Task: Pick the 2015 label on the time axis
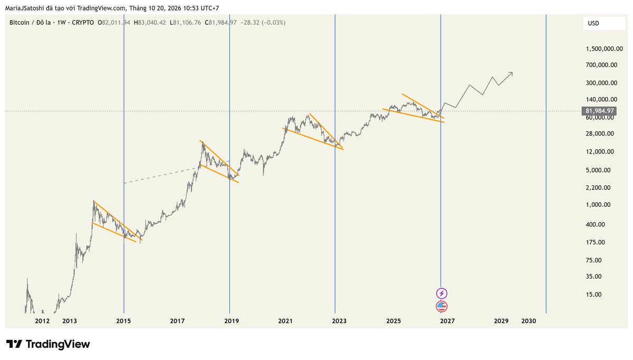pos(123,321)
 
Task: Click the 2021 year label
pos(285,321)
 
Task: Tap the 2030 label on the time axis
pos(529,321)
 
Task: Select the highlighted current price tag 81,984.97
pos(599,111)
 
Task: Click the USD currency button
pos(604,23)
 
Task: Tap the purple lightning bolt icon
pos(442,293)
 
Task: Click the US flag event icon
pos(442,307)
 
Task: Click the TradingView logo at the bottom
pos(48,344)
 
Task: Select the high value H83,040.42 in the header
pos(150,23)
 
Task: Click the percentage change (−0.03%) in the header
pos(274,23)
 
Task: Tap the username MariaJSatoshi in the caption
pos(25,8)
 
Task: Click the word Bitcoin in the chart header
pos(19,23)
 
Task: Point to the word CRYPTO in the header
pos(83,23)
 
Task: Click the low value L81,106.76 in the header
pos(185,23)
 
